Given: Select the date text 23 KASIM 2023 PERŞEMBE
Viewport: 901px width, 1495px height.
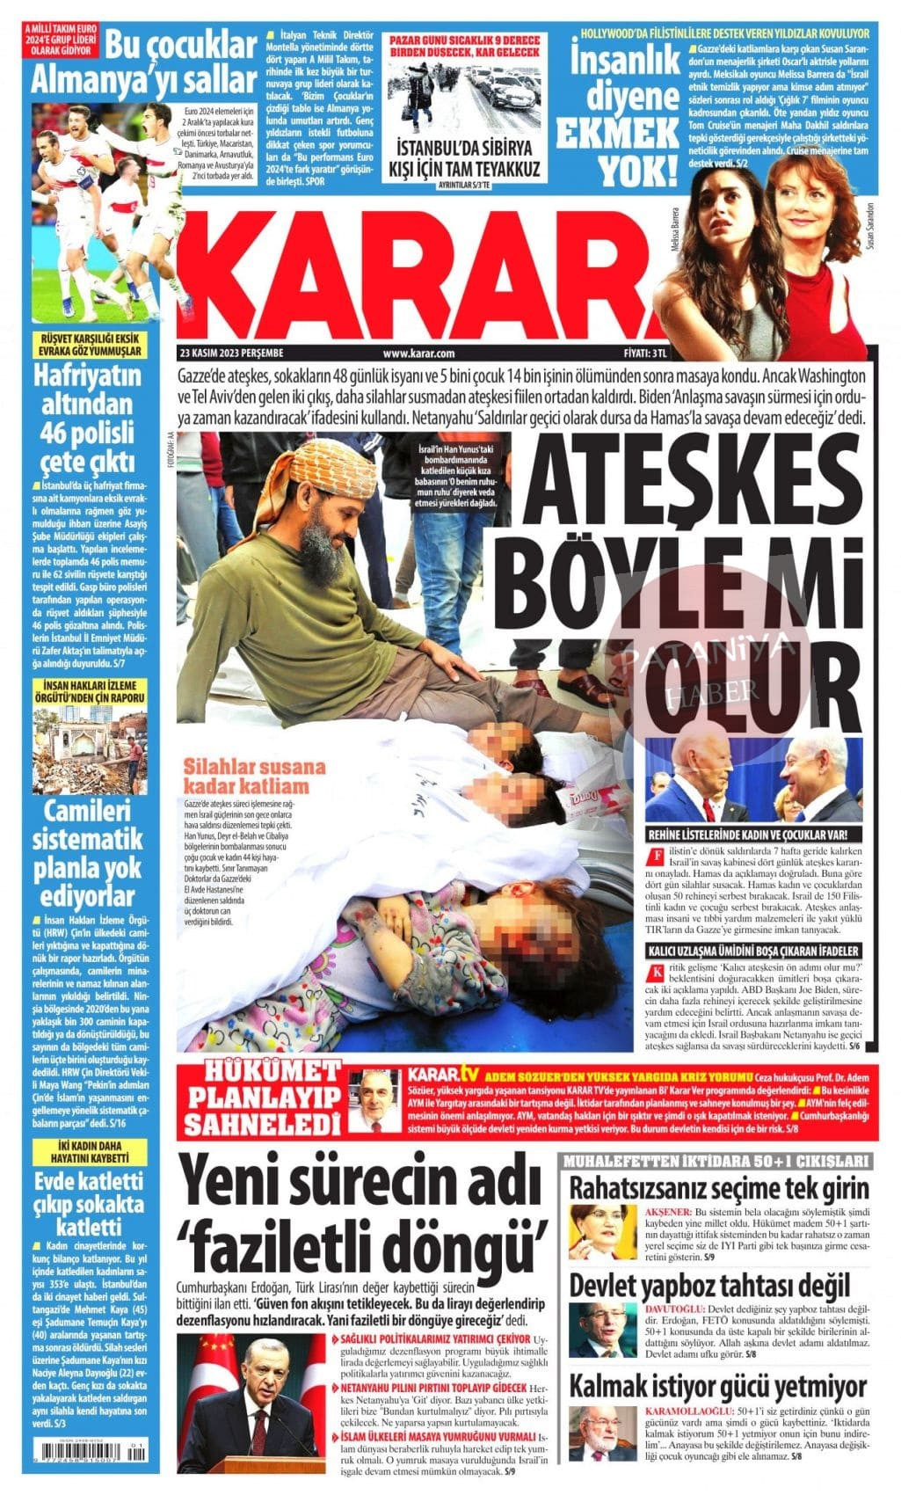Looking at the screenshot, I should [231, 353].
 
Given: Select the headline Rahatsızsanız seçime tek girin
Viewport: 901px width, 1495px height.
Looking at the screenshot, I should [719, 1186].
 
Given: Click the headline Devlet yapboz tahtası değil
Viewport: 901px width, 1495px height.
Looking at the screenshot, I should [709, 1284].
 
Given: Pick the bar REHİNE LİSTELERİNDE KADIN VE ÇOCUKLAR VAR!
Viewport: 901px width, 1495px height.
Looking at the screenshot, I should [753, 835].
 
